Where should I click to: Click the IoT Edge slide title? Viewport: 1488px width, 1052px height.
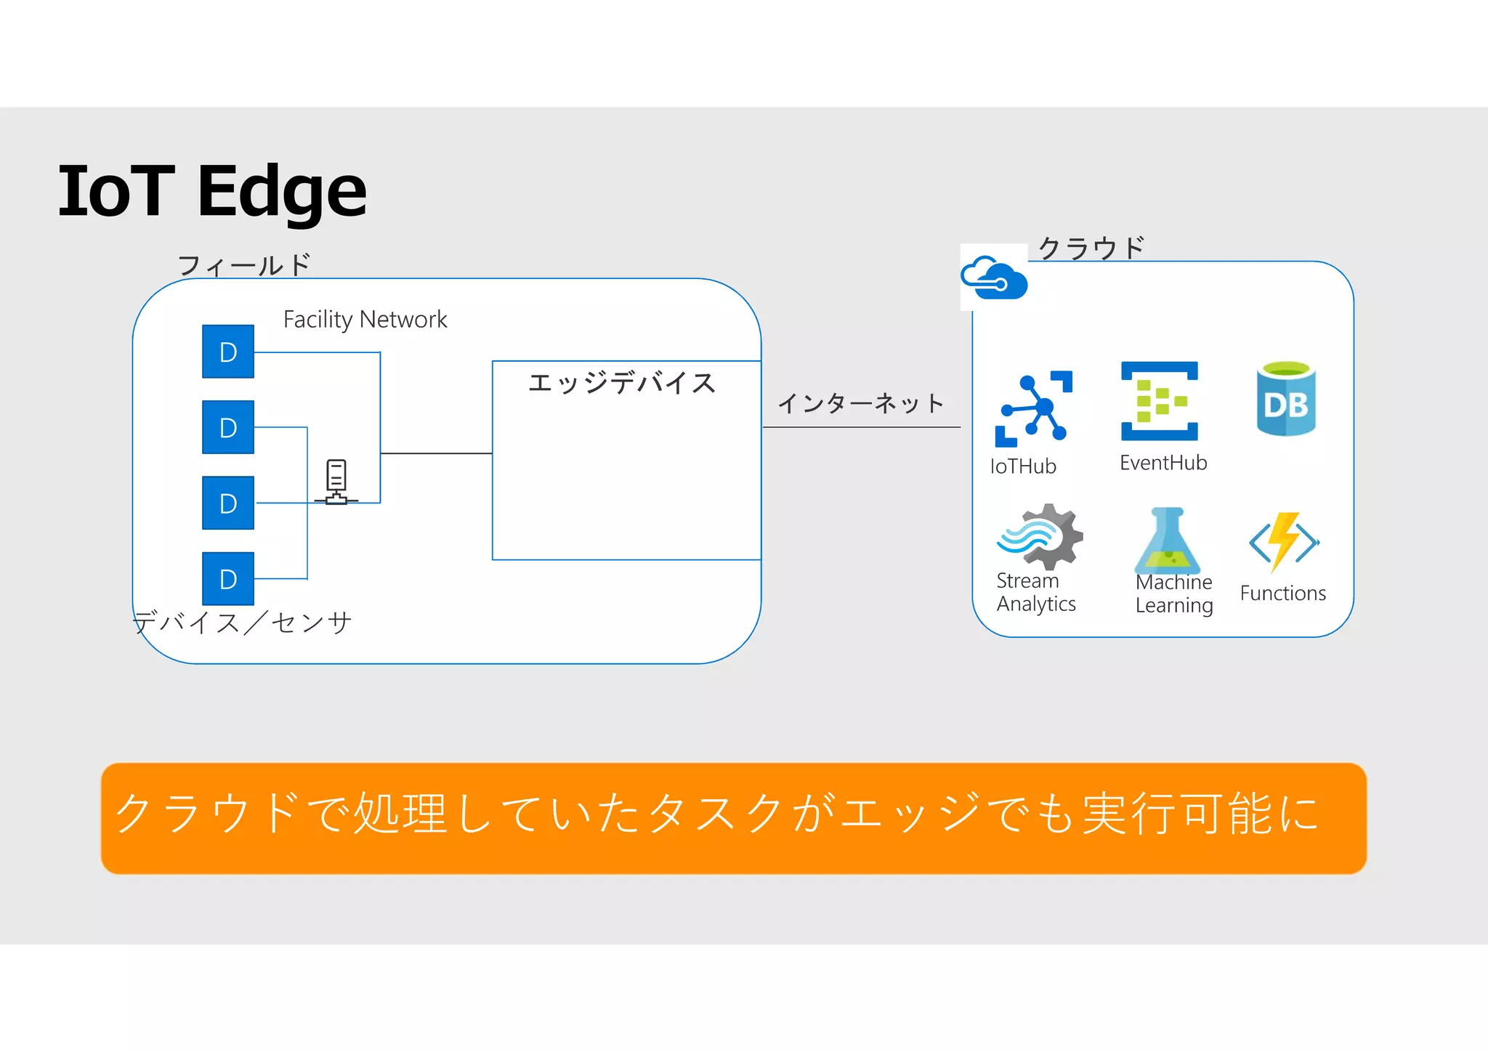212,190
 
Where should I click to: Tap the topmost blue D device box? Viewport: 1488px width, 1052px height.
228,352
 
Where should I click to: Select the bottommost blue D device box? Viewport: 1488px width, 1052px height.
228,579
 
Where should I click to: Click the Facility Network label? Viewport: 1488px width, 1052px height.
365,320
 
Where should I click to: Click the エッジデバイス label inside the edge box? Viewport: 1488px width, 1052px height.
622,383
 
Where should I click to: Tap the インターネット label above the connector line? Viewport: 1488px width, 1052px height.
861,402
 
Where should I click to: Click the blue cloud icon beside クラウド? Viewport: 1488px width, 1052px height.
994,278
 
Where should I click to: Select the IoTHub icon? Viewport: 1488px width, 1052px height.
1033,408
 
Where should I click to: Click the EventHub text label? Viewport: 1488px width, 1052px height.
1163,463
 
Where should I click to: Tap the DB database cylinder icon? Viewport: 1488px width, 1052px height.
1286,399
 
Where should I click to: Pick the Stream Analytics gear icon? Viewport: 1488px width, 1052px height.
1040,537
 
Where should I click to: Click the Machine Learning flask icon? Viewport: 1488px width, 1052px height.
1168,541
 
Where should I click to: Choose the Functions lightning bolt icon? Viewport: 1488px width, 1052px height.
1284,541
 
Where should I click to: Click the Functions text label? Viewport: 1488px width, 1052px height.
1282,594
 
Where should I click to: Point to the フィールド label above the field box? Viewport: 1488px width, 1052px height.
244,265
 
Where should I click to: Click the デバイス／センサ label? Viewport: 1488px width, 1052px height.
243,623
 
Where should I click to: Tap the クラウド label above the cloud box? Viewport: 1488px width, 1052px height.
1091,248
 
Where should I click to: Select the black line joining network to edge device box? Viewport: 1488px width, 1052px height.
436,453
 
